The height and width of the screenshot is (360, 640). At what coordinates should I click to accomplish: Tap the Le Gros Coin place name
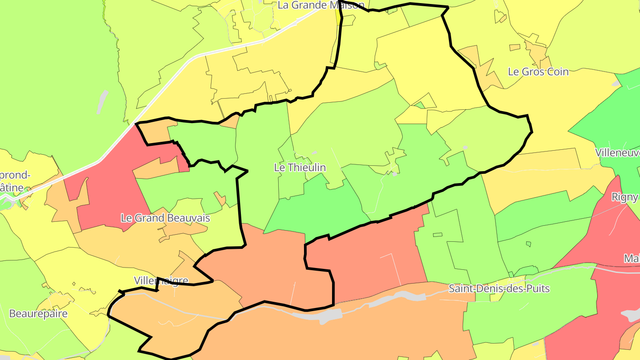(538, 72)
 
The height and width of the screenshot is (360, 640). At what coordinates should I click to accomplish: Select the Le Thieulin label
(300, 168)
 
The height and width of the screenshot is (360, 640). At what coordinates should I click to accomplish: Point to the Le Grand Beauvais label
(165, 218)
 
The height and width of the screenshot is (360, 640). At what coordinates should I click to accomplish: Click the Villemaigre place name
(161, 280)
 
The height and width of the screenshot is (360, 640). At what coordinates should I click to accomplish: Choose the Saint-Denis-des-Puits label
(499, 288)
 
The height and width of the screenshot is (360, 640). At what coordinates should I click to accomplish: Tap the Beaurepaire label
(38, 313)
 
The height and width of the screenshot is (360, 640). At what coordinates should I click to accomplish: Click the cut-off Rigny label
(625, 197)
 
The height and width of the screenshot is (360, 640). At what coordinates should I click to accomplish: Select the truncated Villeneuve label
(617, 153)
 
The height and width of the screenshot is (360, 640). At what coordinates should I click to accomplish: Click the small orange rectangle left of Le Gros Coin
(515, 47)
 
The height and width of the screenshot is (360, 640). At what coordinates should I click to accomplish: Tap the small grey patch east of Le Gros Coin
(616, 83)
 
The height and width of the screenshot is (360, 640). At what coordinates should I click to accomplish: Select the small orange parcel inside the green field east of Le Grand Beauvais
(220, 198)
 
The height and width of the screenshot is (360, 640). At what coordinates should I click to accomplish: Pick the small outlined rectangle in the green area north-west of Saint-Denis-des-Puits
(437, 235)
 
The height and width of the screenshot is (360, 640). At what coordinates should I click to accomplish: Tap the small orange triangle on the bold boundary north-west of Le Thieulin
(231, 122)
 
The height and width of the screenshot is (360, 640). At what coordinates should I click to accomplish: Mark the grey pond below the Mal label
(632, 315)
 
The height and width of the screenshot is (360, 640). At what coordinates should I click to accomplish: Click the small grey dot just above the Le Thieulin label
(314, 152)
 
